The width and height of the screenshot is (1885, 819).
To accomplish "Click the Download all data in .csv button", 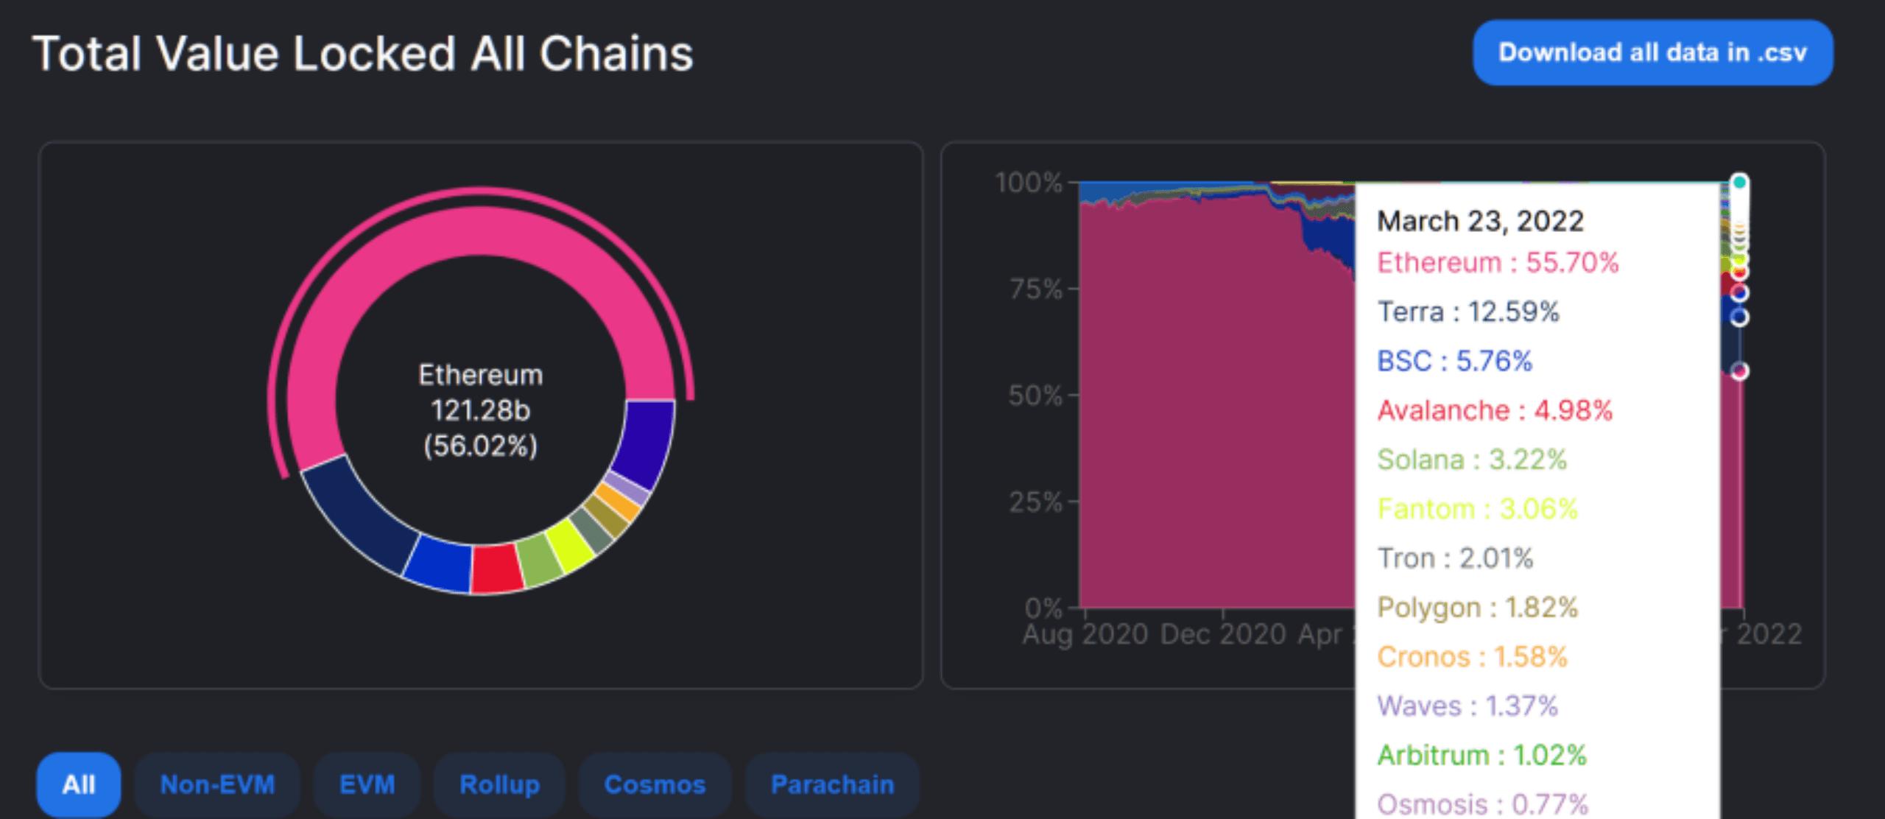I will [x=1652, y=53].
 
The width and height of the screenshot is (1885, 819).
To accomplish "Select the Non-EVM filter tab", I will [x=217, y=784].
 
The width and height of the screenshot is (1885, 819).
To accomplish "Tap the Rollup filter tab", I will [x=499, y=784].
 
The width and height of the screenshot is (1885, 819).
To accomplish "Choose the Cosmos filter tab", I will [x=655, y=784].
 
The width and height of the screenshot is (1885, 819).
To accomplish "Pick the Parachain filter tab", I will [x=832, y=784].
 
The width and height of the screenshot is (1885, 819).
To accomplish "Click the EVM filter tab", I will [x=367, y=784].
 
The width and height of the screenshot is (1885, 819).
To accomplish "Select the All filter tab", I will [x=79, y=784].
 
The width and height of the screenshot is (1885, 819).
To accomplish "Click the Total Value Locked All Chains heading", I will [x=363, y=54].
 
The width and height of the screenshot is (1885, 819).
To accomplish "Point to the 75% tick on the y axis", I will [x=1036, y=289].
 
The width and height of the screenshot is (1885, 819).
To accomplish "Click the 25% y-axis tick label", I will [x=1036, y=503].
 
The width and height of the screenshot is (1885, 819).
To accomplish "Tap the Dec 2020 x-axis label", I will [x=1222, y=634].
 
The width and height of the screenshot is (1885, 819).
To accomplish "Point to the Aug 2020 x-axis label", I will [x=1085, y=634].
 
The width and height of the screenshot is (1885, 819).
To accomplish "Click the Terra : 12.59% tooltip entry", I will [x=1468, y=312].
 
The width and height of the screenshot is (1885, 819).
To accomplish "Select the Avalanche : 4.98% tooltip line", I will [x=1495, y=410].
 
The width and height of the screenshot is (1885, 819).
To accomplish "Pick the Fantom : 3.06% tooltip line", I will [x=1477, y=509].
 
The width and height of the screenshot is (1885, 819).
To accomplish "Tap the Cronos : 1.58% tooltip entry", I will [x=1472, y=656].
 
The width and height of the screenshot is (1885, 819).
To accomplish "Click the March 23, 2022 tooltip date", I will [x=1480, y=221].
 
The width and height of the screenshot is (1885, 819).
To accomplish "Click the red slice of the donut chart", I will [x=497, y=569].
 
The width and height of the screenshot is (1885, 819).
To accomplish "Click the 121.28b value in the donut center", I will [x=480, y=410].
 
